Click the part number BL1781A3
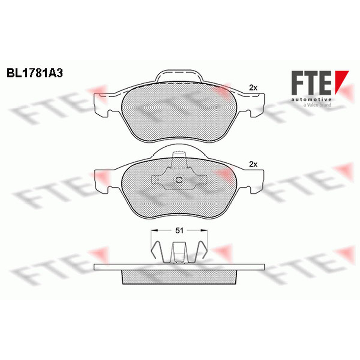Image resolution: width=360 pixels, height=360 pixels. [35, 73]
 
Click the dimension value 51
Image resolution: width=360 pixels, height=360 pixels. [179, 230]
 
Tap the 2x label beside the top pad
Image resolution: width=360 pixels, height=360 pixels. [253, 88]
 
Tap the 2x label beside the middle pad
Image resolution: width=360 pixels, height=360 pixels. [253, 164]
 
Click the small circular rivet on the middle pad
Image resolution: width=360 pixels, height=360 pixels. [179, 180]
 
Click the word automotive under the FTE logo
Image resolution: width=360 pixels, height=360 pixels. [311, 99]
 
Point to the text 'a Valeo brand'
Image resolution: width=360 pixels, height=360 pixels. [317, 105]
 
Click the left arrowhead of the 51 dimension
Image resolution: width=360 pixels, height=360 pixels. [154, 230]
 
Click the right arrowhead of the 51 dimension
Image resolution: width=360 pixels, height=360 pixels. [204, 230]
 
